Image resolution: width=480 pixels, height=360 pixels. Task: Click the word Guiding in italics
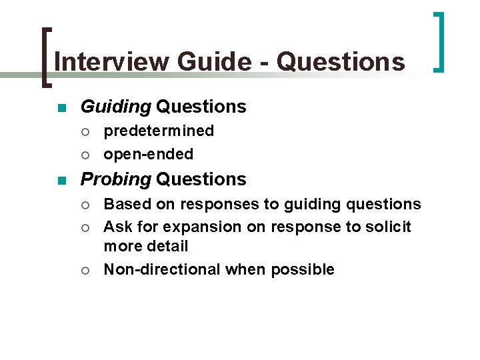(x=115, y=107)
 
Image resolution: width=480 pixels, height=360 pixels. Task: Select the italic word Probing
(x=116, y=179)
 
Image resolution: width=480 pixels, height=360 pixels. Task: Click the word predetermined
(x=159, y=131)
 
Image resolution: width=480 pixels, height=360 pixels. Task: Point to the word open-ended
(x=148, y=154)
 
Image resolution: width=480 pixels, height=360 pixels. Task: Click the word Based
(x=123, y=203)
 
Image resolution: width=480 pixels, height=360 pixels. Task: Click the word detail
(x=170, y=246)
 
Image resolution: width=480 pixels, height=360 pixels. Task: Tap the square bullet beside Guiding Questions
(x=62, y=107)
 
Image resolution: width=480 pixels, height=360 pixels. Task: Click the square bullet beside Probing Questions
(x=62, y=180)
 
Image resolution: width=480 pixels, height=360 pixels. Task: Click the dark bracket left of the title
(x=45, y=57)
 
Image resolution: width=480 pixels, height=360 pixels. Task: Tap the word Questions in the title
(x=341, y=62)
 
